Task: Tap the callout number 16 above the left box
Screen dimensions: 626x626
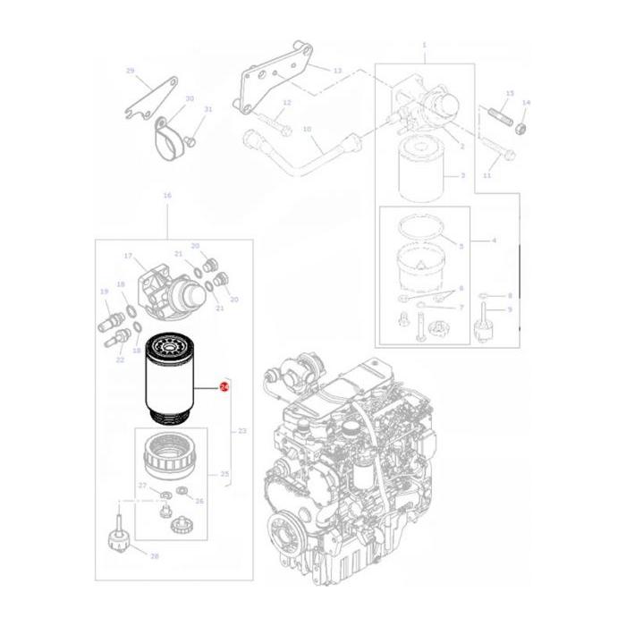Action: [166, 195]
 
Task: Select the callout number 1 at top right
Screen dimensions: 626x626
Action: [424, 45]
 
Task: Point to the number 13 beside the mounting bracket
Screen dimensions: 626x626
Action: [337, 70]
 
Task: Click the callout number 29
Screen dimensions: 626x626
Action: [130, 71]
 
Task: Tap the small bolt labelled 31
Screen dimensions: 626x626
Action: [191, 140]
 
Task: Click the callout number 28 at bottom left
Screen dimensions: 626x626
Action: [154, 556]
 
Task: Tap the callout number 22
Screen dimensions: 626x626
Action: [120, 360]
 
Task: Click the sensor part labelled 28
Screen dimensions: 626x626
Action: [115, 536]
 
